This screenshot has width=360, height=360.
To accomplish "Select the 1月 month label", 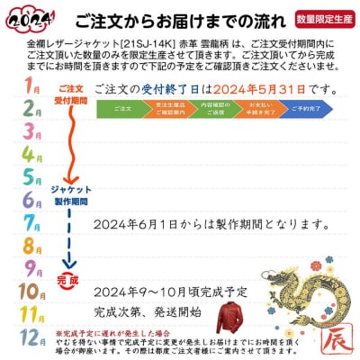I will pos(32,87).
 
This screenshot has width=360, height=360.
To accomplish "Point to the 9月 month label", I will pos(31,267).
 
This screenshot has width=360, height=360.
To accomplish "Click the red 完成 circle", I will pos(68,280).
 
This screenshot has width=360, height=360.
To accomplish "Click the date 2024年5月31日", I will pos(268,88).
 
